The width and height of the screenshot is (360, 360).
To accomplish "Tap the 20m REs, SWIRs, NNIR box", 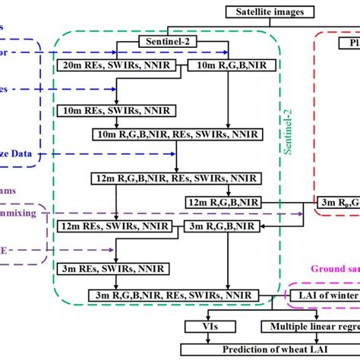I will point(116,67).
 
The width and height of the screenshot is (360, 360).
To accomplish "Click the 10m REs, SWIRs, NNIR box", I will point(116,110).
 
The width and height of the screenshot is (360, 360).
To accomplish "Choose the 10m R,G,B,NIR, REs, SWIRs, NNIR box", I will point(177,134).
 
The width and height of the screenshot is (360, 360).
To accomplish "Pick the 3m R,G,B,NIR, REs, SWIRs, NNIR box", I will point(177,294).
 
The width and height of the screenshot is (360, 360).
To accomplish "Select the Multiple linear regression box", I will point(311,326).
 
